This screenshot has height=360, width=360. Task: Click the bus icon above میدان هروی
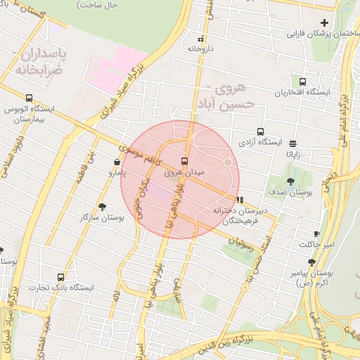pyautogui.click(x=184, y=160)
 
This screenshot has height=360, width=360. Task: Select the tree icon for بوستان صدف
pyautogui.click(x=291, y=181)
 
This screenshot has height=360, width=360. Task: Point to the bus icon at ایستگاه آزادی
pyautogui.click(x=261, y=131)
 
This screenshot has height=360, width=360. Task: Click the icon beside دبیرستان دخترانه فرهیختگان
pyautogui.click(x=240, y=200)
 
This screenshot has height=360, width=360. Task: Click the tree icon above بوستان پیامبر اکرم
pyautogui.click(x=311, y=262)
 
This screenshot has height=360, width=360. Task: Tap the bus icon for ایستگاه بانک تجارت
pyautogui.click(x=60, y=277)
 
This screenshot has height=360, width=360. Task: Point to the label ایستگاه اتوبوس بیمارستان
pyautogui.click(x=29, y=115)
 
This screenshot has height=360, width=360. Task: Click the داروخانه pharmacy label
pyautogui.click(x=200, y=49)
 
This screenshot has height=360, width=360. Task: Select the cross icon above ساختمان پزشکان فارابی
pyautogui.click(x=324, y=23)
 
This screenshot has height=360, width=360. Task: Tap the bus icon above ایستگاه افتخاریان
pyautogui.click(x=302, y=82)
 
